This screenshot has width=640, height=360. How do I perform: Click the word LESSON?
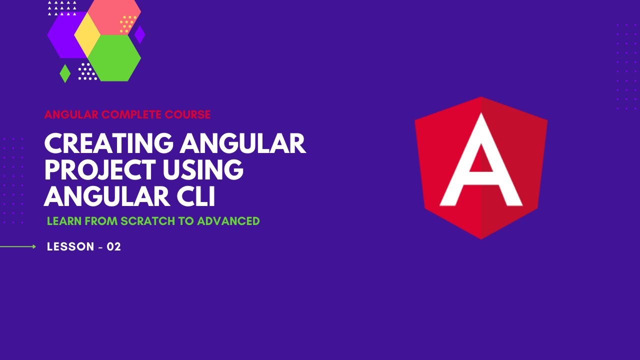click(70, 246)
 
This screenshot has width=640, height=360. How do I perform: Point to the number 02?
click(114, 246)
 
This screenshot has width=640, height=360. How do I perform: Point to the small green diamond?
click(65, 73)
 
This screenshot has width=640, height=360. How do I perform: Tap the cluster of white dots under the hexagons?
click(87, 71)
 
